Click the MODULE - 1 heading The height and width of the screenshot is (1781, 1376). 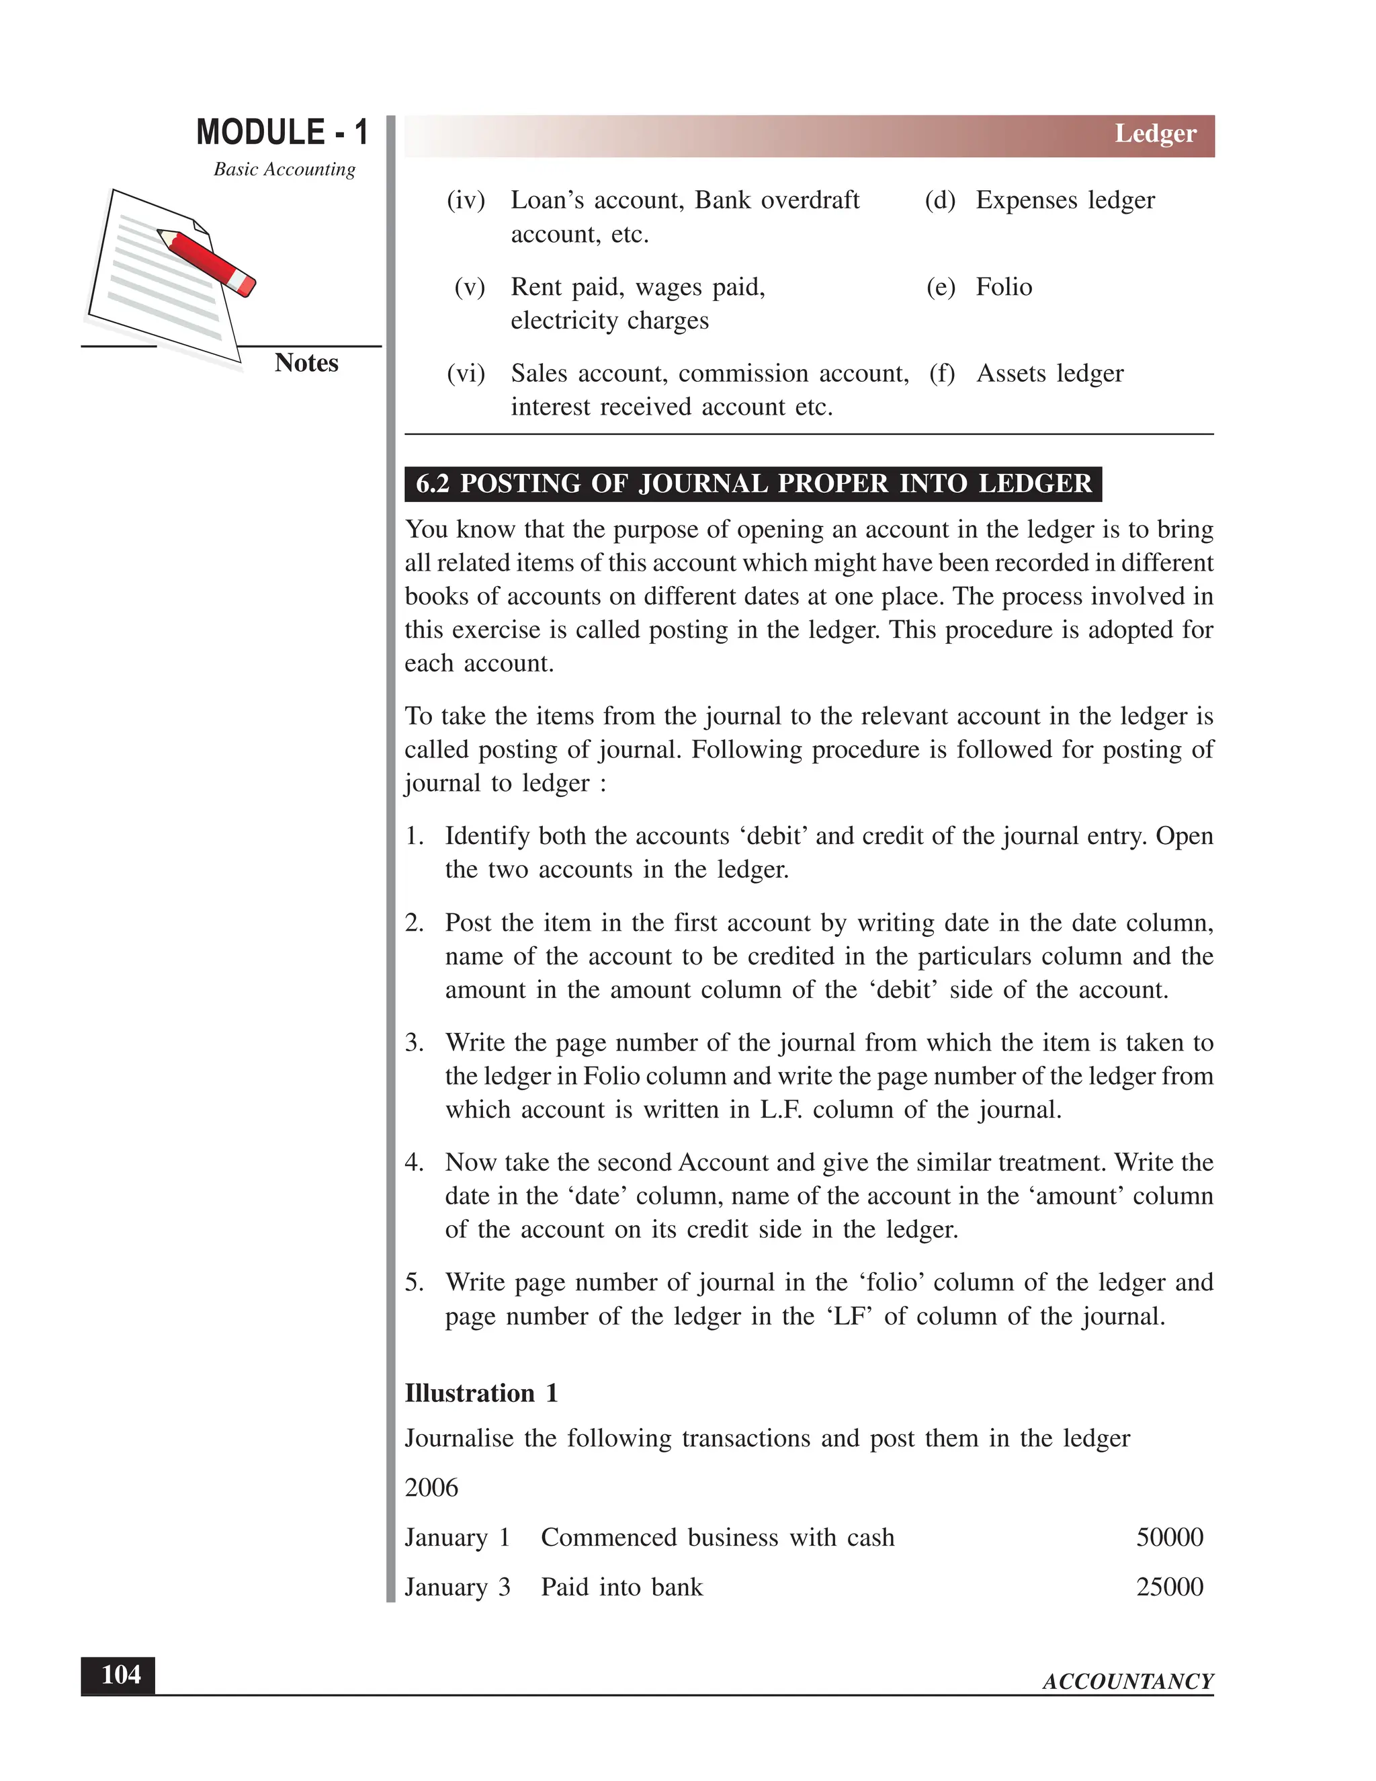282,132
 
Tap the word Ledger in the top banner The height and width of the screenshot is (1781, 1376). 1154,134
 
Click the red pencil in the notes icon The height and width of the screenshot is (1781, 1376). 207,261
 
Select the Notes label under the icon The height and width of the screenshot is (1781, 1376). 306,363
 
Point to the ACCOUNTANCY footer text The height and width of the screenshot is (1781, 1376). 1127,1682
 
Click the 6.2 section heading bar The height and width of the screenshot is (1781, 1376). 752,484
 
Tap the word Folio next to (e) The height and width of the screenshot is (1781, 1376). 1004,287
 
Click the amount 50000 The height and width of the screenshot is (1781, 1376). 1169,1537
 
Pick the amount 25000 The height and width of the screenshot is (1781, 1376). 1169,1587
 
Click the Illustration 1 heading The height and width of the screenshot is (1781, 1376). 481,1393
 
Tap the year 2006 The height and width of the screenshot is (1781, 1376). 431,1487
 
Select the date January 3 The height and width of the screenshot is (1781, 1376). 458,1587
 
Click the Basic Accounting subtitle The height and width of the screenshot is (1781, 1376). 284,169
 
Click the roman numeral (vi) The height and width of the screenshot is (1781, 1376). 466,374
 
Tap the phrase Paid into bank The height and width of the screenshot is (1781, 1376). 621,1587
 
